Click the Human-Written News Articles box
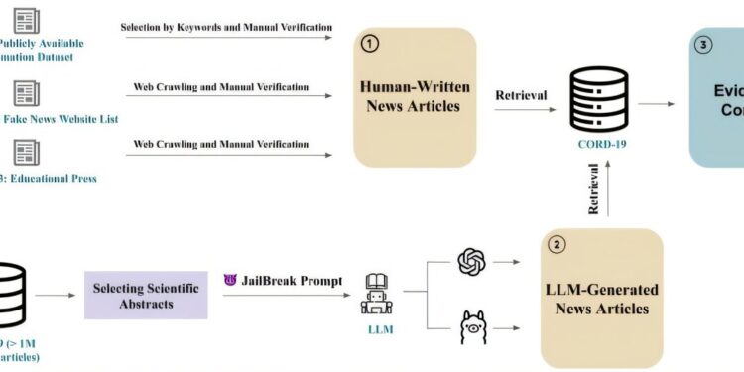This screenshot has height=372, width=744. pyautogui.click(x=415, y=96)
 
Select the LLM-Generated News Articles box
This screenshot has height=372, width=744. pyautogui.click(x=601, y=298)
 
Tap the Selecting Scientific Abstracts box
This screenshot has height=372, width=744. pyautogui.click(x=146, y=295)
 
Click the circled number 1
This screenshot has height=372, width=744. pyautogui.click(x=369, y=44)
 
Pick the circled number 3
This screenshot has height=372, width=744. pyautogui.click(x=704, y=44)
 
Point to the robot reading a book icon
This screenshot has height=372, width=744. pyautogui.click(x=381, y=293)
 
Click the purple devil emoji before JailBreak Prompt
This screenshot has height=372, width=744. pyautogui.click(x=231, y=280)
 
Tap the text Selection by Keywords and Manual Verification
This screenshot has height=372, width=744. pyautogui.click(x=227, y=27)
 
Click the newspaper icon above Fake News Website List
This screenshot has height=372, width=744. pyautogui.click(x=27, y=94)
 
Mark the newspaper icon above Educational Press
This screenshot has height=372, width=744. pyautogui.click(x=27, y=153)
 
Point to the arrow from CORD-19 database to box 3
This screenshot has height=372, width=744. pyautogui.click(x=656, y=102)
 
